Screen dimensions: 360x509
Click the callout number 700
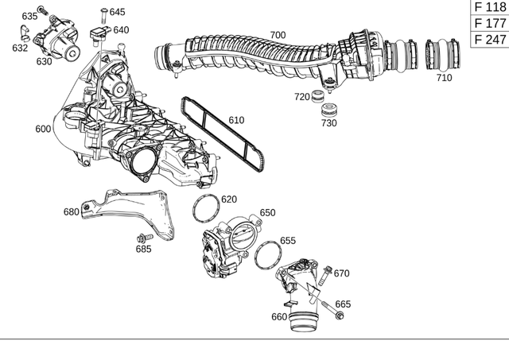click(x=278, y=35)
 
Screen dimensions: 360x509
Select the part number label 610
click(x=236, y=120)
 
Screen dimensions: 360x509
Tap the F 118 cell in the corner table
click(x=489, y=7)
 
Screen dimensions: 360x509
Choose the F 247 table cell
click(x=489, y=39)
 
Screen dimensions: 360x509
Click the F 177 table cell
click(x=489, y=23)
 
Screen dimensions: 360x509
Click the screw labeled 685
click(x=143, y=238)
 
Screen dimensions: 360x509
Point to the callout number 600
click(x=43, y=129)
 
